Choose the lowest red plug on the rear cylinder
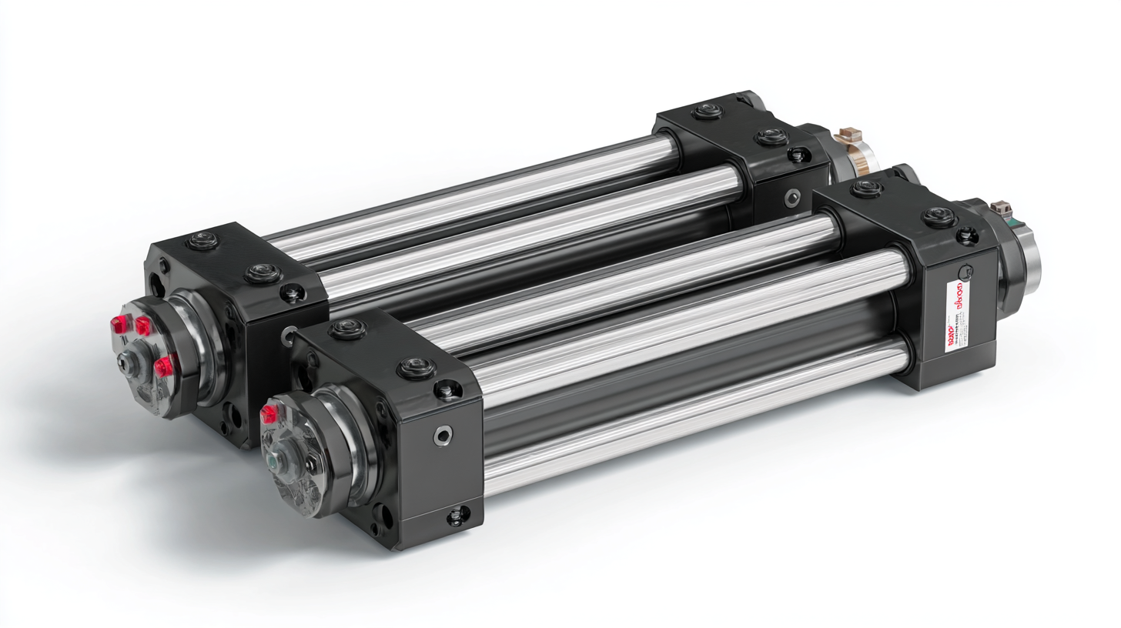(x=162, y=367)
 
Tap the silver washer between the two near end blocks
(x=290, y=332)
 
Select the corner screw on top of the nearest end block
(x=447, y=390)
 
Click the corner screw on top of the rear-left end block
(x=292, y=292)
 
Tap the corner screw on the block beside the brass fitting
(x=796, y=154)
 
